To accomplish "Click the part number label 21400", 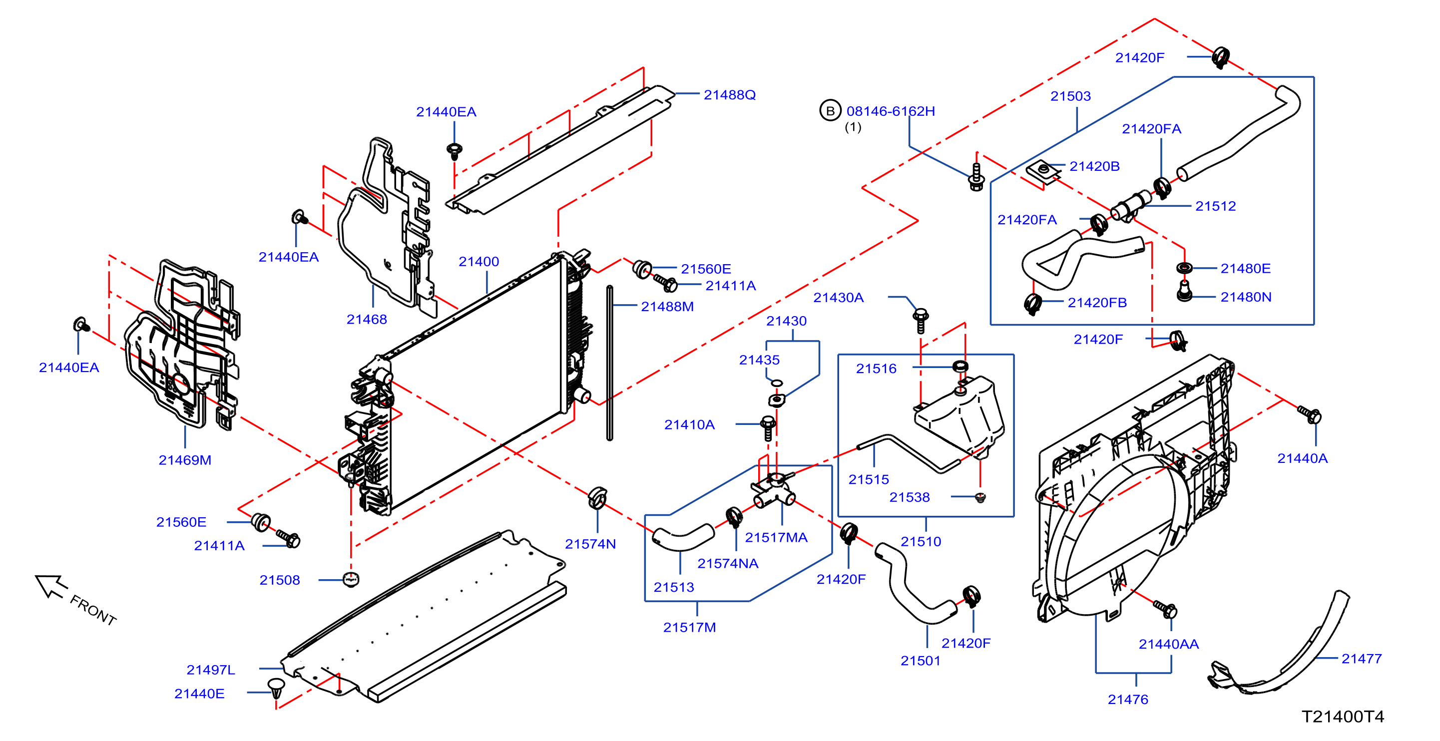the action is coord(479,262).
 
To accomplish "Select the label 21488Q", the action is coord(730,95).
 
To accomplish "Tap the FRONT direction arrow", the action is coord(51,586).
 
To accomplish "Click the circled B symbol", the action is coord(830,111).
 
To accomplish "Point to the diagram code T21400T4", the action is coord(1343,717).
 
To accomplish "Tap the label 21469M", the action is coord(185,460).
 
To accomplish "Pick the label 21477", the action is coord(1361,659).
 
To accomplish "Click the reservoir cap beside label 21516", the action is coord(960,367).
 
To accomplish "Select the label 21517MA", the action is coord(776,538).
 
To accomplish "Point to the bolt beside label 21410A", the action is coord(769,428).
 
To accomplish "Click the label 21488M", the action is coord(667,307).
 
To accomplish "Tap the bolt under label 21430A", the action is coord(920,321).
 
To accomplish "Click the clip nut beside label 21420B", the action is coord(1043,171).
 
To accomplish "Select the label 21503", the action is coord(1070,96).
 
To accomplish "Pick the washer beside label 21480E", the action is coord(1184,268).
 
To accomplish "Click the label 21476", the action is coord(1127,700).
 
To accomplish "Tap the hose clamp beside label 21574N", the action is coord(597,497).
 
